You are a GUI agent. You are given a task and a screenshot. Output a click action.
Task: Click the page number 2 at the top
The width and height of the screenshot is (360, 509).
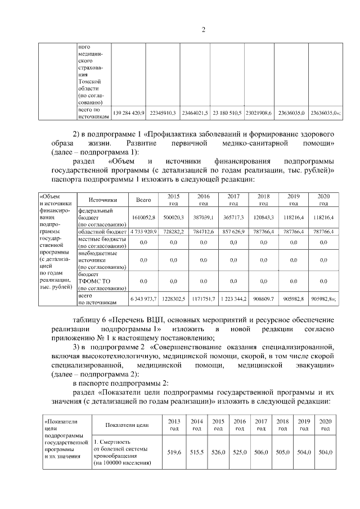(x=204, y=30)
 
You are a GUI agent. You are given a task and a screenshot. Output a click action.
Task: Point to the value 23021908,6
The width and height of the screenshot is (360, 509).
(x=259, y=113)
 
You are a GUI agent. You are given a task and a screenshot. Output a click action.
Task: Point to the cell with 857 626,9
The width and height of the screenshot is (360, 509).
(x=233, y=231)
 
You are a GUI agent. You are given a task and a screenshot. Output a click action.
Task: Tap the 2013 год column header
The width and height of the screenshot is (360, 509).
(x=175, y=425)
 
